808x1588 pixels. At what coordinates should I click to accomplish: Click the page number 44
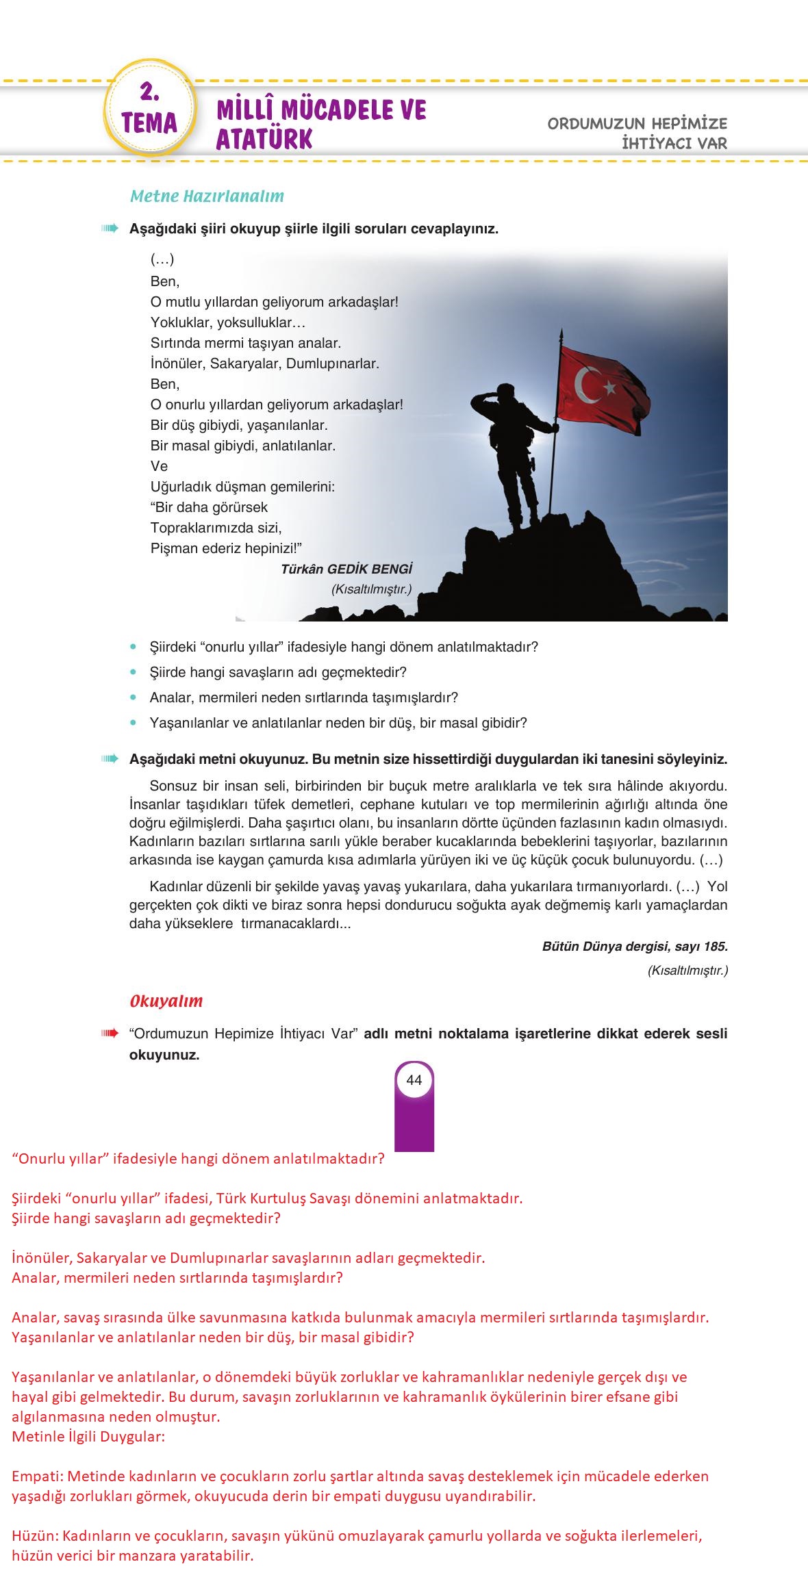(x=414, y=1080)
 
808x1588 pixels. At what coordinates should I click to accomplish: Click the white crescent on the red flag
(x=586, y=385)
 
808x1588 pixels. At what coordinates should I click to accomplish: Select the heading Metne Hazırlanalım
(x=207, y=196)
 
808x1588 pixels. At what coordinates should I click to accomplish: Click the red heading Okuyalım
(x=166, y=1001)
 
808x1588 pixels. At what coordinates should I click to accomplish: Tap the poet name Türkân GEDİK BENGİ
(x=346, y=569)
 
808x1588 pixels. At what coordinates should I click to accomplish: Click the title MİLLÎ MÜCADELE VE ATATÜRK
(x=321, y=124)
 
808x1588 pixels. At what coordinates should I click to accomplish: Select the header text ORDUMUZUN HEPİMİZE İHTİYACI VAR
(x=637, y=133)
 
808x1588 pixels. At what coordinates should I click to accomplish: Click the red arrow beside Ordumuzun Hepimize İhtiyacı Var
(x=110, y=1034)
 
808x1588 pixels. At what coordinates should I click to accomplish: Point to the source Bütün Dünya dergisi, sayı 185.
(x=635, y=947)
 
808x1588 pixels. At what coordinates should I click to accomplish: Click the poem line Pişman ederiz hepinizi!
(x=226, y=548)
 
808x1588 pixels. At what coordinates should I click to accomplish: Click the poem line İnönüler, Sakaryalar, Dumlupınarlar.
(x=264, y=363)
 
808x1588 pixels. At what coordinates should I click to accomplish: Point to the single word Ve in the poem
(x=159, y=466)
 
